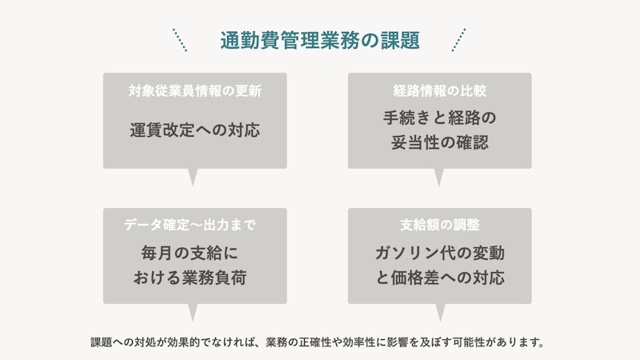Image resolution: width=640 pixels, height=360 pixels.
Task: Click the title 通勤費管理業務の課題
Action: [320, 41]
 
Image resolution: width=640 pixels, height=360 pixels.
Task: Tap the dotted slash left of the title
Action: [180, 40]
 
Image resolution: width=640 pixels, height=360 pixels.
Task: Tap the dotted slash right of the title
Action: [458, 40]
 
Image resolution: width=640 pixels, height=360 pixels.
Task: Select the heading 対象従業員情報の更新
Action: [195, 90]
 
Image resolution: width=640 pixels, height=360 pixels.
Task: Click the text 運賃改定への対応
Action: [195, 130]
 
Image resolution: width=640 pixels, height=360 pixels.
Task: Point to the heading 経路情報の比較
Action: [439, 90]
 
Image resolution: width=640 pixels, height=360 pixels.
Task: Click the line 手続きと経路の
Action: [439, 118]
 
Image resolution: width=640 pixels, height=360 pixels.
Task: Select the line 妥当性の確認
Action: [439, 142]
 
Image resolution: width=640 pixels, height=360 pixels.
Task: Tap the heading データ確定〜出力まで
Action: [190, 225]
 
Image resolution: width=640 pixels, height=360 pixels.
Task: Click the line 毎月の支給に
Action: [190, 253]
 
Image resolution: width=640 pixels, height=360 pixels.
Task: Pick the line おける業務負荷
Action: [190, 278]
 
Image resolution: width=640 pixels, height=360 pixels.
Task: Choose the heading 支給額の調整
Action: [439, 225]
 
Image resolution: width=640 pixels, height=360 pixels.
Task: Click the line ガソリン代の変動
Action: [439, 253]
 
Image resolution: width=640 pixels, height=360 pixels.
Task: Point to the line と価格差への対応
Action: [439, 278]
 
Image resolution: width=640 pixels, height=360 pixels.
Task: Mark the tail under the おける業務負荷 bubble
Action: [193, 312]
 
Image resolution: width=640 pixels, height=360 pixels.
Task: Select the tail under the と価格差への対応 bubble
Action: [440, 312]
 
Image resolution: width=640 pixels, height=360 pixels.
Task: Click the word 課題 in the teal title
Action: [400, 41]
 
